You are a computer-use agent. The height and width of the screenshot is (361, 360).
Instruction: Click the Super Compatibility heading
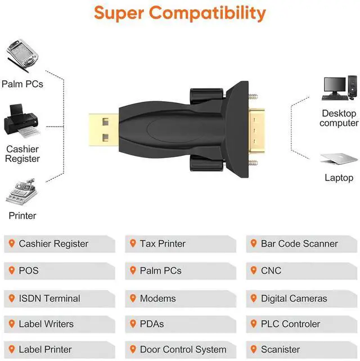coord(179,12)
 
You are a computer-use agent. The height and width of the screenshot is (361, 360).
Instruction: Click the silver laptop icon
coord(339,159)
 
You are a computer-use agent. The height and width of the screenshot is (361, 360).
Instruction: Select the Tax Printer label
coord(163,243)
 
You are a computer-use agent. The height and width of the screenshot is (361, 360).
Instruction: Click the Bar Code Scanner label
coord(299,243)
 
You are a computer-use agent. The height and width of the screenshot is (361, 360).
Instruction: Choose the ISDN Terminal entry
coord(49,299)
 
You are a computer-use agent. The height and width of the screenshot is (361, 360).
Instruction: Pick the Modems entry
coord(157,299)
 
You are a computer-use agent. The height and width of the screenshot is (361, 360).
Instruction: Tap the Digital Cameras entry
coord(294,299)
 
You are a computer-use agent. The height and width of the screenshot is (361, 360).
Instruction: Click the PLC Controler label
coord(290,324)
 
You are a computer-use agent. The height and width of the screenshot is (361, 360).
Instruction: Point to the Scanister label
coord(280,349)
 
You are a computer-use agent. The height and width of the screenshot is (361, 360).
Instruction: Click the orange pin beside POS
coord(11,270)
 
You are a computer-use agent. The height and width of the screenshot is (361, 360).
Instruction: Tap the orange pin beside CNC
coord(254,270)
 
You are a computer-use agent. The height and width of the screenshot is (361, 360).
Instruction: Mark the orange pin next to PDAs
coord(133,324)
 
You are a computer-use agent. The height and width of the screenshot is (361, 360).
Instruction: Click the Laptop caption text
coord(339,178)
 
